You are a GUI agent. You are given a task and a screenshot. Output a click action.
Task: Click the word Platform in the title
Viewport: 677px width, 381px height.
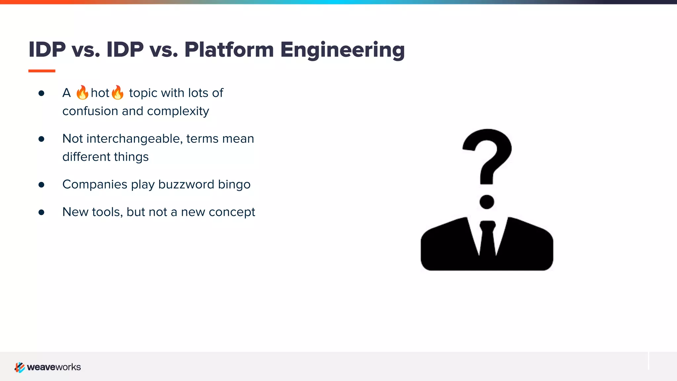[229, 50]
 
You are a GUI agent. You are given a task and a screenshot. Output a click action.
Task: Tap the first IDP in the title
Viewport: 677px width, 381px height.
[47, 50]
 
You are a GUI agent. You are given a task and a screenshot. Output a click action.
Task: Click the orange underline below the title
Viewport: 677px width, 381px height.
[42, 71]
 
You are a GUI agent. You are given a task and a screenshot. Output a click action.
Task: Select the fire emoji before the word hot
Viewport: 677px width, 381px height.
[82, 93]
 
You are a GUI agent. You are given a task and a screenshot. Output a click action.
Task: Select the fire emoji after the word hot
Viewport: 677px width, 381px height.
[117, 93]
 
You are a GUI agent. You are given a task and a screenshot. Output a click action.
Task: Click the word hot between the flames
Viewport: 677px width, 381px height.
[100, 93]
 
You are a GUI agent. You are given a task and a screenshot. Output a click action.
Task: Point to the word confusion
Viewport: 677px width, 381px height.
[90, 111]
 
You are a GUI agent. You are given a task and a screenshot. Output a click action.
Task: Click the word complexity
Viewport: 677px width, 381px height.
[178, 111]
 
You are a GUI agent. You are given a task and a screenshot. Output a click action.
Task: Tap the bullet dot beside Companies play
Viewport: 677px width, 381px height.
[41, 185]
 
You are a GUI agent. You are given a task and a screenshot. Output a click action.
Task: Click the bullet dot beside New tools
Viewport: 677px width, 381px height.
[41, 212]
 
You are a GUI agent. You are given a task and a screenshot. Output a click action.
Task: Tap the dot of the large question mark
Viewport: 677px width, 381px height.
[487, 202]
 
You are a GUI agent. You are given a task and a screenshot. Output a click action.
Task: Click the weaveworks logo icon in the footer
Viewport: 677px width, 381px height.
[20, 367]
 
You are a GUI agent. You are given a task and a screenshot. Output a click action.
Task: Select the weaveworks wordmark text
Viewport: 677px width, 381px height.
[54, 367]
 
